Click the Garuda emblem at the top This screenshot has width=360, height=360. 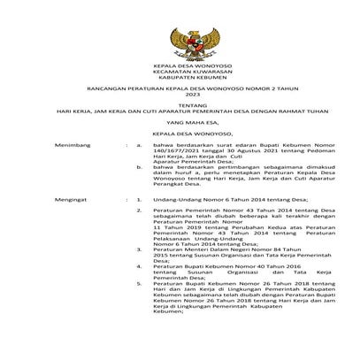[180, 42]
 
